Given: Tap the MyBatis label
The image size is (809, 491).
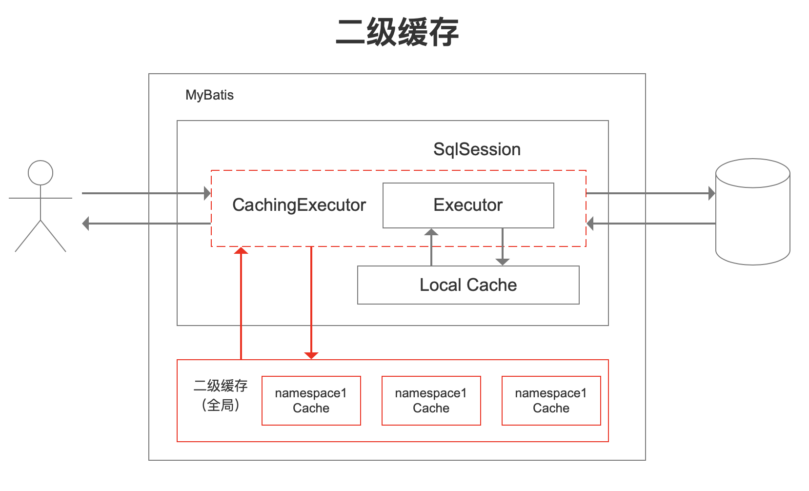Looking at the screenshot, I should point(209,95).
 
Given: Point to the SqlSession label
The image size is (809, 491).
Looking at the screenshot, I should point(477,149).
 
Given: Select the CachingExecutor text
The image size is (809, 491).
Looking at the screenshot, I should point(299,205).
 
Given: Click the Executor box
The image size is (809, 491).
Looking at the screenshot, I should point(468,205).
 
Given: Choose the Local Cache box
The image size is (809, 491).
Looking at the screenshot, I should point(468,285).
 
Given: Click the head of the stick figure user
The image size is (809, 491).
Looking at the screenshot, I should point(40,173).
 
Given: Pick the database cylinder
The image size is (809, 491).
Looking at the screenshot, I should point(752,212).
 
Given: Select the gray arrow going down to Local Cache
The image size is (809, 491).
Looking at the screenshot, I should point(503,247).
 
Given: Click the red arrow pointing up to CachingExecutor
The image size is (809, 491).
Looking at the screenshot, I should point(242,303).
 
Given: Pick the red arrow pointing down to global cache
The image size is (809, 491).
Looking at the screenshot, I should point(311,303).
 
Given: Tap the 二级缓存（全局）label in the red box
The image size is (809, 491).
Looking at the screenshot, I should point(221,395).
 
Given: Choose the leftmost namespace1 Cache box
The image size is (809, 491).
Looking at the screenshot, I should point(311,401).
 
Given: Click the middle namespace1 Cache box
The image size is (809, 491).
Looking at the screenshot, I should point(431,401).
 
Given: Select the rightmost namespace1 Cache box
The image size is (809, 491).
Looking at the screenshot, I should point(551,401).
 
